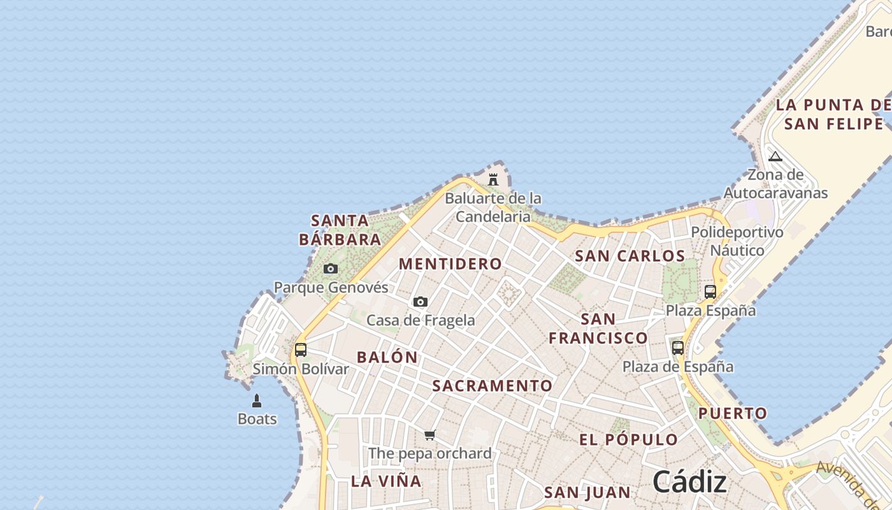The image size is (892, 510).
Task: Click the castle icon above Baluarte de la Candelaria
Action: [x=493, y=179]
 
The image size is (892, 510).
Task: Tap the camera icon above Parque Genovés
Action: [x=331, y=268]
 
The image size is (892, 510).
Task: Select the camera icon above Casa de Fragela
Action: [x=421, y=302]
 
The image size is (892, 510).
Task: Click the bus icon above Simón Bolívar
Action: [x=301, y=349]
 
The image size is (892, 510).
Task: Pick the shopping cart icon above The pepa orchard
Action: [x=430, y=435]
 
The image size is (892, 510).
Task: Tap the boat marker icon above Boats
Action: [x=257, y=400]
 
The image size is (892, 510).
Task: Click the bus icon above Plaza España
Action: [x=710, y=292]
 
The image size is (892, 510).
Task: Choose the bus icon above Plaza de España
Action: [x=678, y=348]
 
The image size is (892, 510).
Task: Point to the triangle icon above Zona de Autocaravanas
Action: [x=775, y=156]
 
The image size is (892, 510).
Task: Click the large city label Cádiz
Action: [x=689, y=481]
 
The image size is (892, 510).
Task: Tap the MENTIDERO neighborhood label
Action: [x=450, y=264]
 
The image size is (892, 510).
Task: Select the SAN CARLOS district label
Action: [x=629, y=256]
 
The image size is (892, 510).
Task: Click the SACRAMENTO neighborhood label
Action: [x=493, y=386]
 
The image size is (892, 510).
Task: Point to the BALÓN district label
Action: [x=387, y=358]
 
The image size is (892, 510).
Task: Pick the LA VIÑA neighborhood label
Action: [x=386, y=481]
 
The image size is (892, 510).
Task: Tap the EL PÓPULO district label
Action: [x=628, y=440]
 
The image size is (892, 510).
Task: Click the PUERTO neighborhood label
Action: [x=733, y=413]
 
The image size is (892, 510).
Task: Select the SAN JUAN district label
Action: [x=587, y=492]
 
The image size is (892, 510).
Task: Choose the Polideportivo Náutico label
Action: [x=737, y=241]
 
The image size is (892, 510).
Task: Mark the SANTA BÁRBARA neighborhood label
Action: [x=340, y=230]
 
